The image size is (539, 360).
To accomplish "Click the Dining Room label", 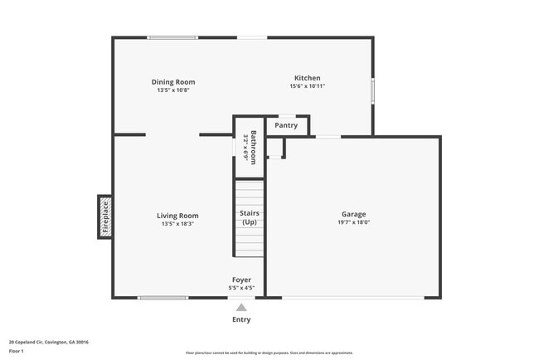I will (x=173, y=82).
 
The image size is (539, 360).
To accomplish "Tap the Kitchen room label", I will (x=307, y=78).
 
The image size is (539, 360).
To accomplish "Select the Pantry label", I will (x=286, y=125).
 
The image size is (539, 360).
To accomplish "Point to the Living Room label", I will (x=177, y=216).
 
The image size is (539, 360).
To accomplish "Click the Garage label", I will (x=353, y=214).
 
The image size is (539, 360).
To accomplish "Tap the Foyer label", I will (x=241, y=280).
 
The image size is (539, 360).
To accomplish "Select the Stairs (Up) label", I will (x=249, y=218).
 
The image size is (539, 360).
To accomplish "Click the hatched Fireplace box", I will (x=105, y=216).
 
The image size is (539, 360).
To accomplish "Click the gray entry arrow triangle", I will (x=241, y=307).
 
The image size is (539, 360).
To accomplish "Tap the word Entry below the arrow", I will (x=241, y=319).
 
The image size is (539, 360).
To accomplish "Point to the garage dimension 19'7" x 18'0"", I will (x=353, y=222).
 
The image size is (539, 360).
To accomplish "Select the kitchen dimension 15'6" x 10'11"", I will (x=307, y=86).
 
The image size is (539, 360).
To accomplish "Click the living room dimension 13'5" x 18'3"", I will (x=177, y=223).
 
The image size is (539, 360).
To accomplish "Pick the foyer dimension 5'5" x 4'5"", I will (x=241, y=288).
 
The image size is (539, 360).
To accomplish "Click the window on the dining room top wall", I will (x=172, y=37).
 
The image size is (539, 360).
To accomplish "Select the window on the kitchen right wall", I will (x=372, y=90).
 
